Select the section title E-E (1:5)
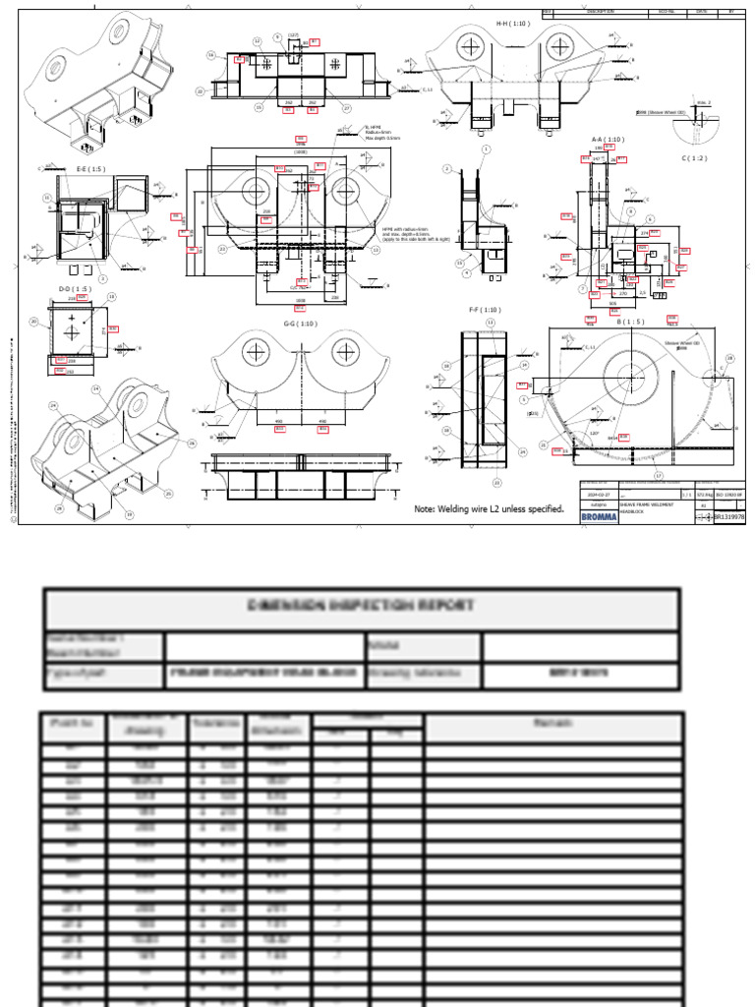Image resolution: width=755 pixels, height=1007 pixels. click(x=91, y=168)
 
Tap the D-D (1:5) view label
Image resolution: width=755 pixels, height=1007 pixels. click(x=77, y=288)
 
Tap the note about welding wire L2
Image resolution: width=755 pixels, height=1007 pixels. click(x=490, y=508)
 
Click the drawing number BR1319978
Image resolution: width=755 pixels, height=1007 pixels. click(x=728, y=515)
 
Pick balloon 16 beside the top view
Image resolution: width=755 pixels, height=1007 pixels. click(x=210, y=56)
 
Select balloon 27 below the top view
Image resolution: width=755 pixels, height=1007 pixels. click(x=346, y=107)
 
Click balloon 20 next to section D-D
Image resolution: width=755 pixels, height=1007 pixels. click(x=33, y=321)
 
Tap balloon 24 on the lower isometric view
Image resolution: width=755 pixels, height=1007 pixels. click(x=53, y=405)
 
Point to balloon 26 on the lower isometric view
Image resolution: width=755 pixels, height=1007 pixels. click(x=192, y=444)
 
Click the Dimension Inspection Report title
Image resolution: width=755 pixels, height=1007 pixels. click(x=362, y=604)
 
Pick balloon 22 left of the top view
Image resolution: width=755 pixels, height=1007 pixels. click(x=201, y=91)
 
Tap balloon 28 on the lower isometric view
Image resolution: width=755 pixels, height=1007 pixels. click(x=59, y=508)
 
